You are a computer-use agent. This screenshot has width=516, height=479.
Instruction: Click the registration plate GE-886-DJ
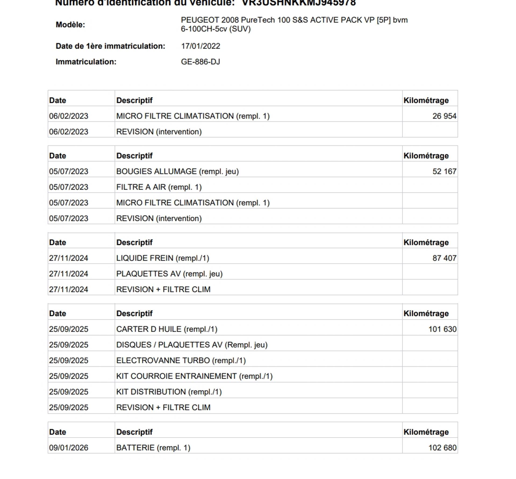pos(200,62)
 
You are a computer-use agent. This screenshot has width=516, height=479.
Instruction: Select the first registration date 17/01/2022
pos(200,46)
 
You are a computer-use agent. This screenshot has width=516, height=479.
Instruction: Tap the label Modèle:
pos(70,25)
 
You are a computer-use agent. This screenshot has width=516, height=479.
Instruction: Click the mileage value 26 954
pos(444,116)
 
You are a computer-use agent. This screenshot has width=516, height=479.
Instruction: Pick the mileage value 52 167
pos(444,171)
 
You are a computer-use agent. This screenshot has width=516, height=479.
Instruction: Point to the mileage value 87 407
pos(444,258)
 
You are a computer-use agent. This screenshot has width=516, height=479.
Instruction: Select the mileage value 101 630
pos(442,329)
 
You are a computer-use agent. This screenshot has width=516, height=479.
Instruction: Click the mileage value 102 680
pos(442,448)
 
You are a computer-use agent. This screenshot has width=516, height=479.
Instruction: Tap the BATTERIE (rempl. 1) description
pos(153,448)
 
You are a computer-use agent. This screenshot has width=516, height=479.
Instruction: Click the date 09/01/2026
pos(69,448)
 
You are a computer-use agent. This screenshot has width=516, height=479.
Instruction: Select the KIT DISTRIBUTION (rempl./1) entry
pos(169,392)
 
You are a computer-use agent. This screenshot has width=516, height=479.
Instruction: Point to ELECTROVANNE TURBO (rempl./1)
pos(181,360)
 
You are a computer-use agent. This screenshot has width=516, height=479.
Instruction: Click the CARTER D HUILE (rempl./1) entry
pos(167,329)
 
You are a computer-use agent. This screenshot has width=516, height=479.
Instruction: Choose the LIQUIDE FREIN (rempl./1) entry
pos(163,258)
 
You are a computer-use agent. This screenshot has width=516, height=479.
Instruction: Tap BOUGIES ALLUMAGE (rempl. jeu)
pos(177,171)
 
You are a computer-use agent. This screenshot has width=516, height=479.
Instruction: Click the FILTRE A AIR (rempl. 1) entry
pos(159,187)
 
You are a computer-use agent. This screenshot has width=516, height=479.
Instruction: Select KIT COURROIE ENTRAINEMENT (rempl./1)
pos(194,376)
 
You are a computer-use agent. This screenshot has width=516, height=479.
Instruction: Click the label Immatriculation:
pos(86,62)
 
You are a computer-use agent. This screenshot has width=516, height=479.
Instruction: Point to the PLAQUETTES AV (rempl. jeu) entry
pos(169,274)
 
